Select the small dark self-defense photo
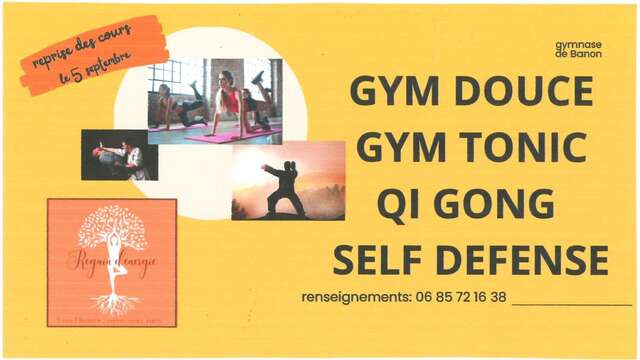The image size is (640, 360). click(119, 155)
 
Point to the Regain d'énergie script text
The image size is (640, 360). click(111, 263)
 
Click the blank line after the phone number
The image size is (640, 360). click(571, 301)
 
